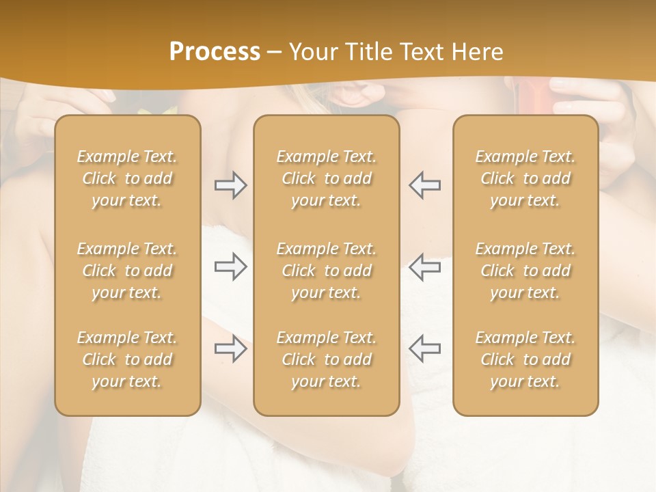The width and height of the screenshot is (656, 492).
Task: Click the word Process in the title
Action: click(215, 52)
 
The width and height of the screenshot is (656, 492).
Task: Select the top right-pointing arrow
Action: click(230, 185)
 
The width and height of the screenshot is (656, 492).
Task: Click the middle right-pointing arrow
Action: click(230, 266)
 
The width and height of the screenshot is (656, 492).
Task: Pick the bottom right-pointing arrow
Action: click(230, 348)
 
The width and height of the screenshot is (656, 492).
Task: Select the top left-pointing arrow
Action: click(425, 185)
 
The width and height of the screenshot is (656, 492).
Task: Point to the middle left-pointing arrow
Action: click(425, 266)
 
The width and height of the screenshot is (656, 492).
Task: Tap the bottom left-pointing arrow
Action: click(425, 348)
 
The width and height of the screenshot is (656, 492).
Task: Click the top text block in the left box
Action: click(127, 178)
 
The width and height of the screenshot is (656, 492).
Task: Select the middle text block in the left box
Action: click(127, 271)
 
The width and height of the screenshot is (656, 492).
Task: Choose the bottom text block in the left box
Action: click(127, 359)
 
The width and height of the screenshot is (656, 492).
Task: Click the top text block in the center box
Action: click(327, 178)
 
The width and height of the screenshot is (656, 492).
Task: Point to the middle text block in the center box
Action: click(327, 271)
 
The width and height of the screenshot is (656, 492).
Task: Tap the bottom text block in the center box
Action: click(327, 359)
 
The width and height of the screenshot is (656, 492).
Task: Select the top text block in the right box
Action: click(525, 178)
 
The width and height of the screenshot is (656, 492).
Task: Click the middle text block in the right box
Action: click(525, 271)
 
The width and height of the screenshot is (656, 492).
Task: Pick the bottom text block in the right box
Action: click(525, 359)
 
